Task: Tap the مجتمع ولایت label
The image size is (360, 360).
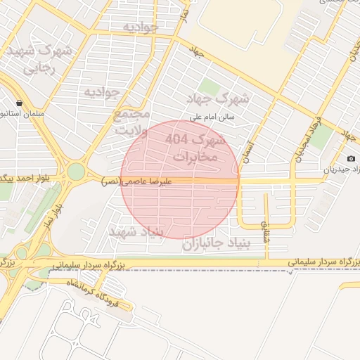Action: pyautogui.click(x=132, y=122)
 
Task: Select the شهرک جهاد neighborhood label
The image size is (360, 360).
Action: pyautogui.click(x=219, y=97)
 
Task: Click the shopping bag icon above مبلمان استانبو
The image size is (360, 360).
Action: pyautogui.click(x=18, y=103)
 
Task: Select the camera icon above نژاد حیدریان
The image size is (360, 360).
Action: pyautogui.click(x=351, y=159)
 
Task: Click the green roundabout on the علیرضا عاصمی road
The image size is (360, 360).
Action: pyautogui.click(x=76, y=171)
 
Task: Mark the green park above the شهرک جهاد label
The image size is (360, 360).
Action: pyautogui.click(x=209, y=86)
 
